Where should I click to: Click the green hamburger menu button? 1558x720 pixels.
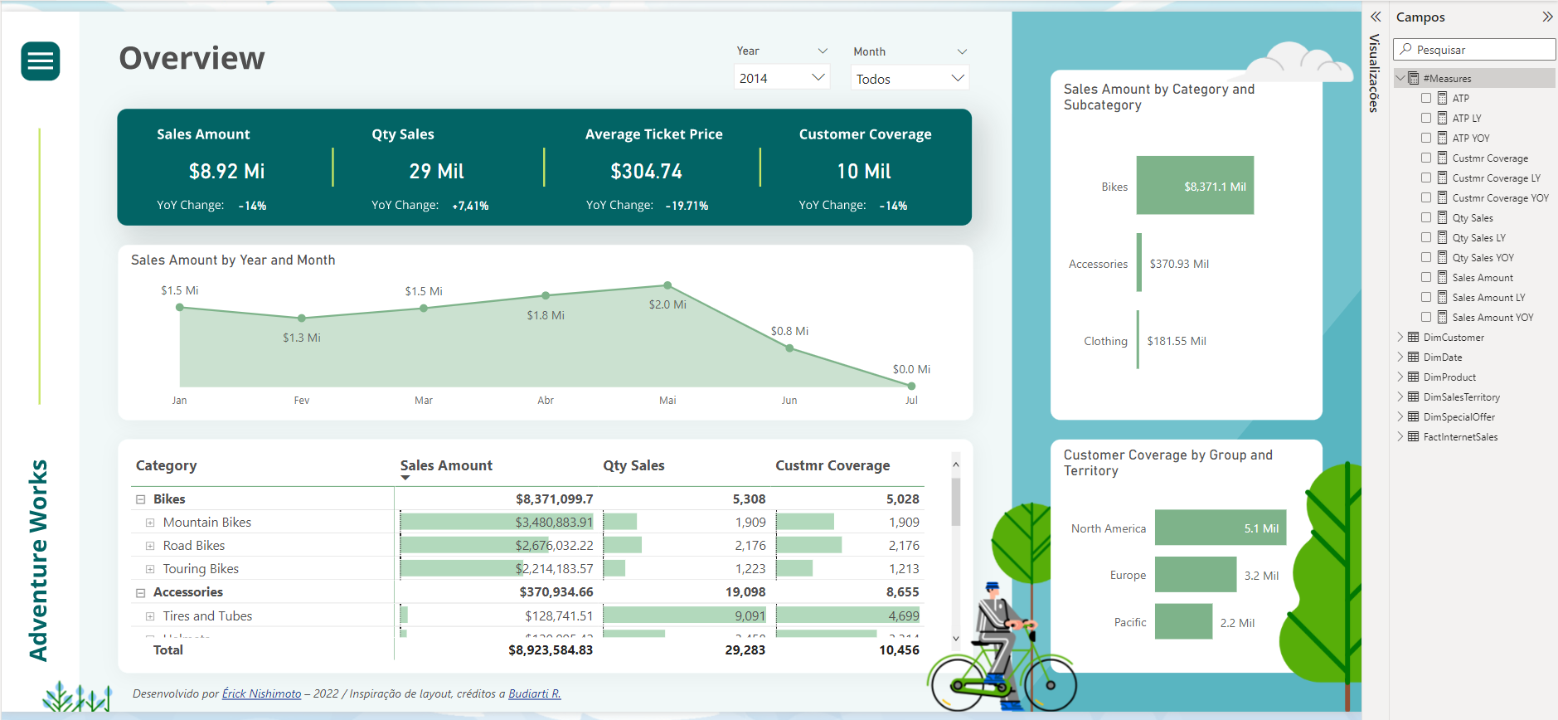click(x=40, y=61)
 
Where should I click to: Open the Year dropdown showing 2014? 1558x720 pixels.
click(x=781, y=78)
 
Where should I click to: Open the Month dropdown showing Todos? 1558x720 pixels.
click(x=910, y=79)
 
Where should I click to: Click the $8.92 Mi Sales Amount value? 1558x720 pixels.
click(x=226, y=172)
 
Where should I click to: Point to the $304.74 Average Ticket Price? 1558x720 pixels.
click(x=646, y=172)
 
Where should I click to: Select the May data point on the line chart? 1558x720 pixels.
click(x=667, y=285)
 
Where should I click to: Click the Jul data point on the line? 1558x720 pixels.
click(x=911, y=386)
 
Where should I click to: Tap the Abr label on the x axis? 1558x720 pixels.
click(x=546, y=401)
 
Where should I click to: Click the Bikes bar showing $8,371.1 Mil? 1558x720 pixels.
click(x=1194, y=186)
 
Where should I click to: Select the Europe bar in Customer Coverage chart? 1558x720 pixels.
click(x=1195, y=575)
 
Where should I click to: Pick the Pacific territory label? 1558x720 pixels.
click(x=1129, y=622)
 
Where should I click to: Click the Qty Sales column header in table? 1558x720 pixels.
click(x=633, y=465)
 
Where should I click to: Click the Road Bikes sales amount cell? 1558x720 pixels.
click(x=554, y=546)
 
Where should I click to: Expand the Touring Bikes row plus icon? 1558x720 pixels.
click(x=150, y=569)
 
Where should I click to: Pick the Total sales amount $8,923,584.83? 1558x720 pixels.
click(x=551, y=650)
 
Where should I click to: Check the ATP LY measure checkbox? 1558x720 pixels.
click(x=1426, y=118)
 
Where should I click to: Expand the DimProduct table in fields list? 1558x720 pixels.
click(x=1400, y=377)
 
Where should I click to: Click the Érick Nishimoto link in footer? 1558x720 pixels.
click(x=261, y=693)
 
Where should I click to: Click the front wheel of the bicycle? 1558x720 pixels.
click(x=1050, y=685)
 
